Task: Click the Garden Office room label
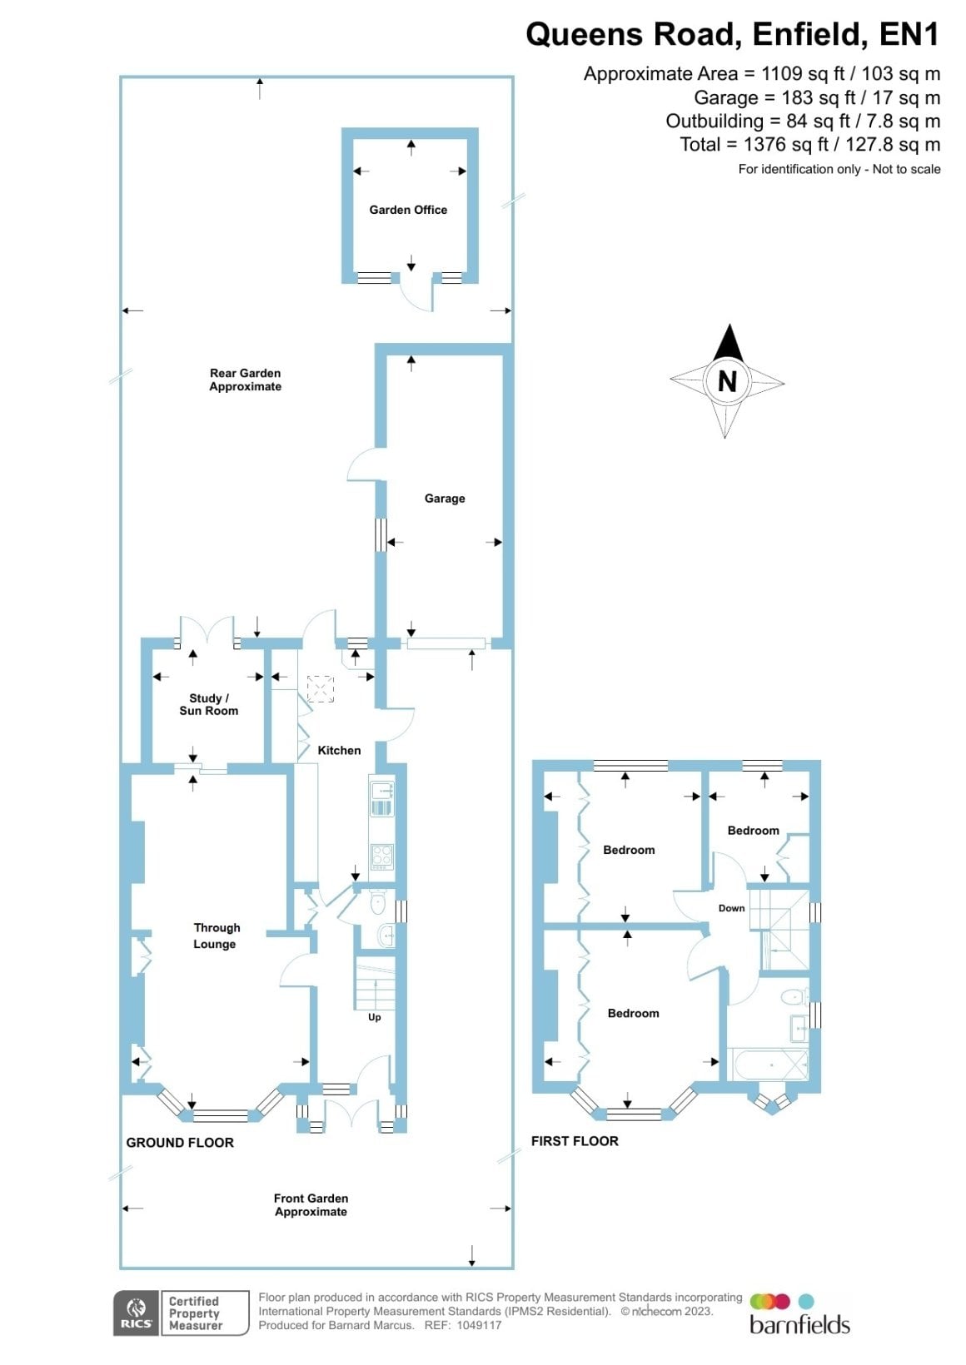[408, 210]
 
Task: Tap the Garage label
[445, 499]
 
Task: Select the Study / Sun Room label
[208, 704]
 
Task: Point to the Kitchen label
[339, 750]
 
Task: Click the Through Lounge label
[216, 936]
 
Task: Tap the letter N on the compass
[727, 381]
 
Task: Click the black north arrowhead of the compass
[729, 342]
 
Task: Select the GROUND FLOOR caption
[180, 1143]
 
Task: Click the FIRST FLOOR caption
[575, 1141]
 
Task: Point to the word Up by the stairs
[375, 1017]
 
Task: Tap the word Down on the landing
[731, 908]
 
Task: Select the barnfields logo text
[799, 1325]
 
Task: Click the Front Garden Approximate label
[311, 1204]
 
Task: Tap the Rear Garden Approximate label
[245, 380]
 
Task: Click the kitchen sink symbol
[381, 798]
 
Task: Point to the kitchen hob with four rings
[381, 856]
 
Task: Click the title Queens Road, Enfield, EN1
[733, 34]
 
